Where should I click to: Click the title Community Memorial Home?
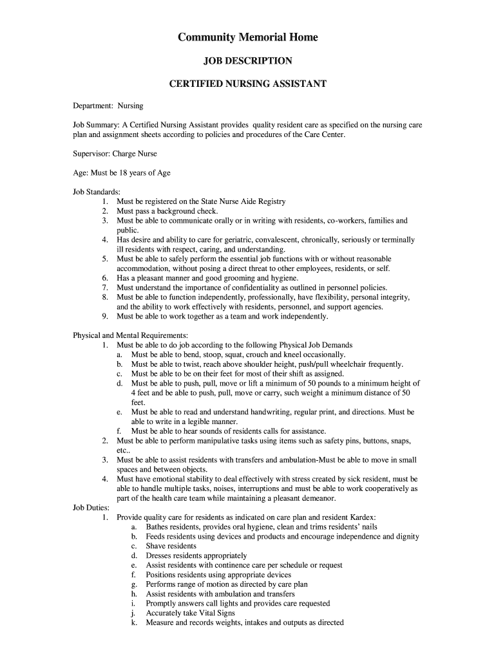click(x=248, y=37)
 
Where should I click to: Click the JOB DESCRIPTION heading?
click(x=248, y=61)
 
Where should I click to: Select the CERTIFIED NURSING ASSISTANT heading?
click(x=248, y=84)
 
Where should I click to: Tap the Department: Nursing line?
click(x=108, y=106)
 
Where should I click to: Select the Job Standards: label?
click(x=97, y=192)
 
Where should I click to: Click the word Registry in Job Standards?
click(x=271, y=201)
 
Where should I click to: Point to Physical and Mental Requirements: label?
click(x=130, y=335)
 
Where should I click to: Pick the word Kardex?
click(x=363, y=517)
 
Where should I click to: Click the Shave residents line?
click(x=171, y=546)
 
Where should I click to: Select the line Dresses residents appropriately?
click(x=196, y=555)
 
